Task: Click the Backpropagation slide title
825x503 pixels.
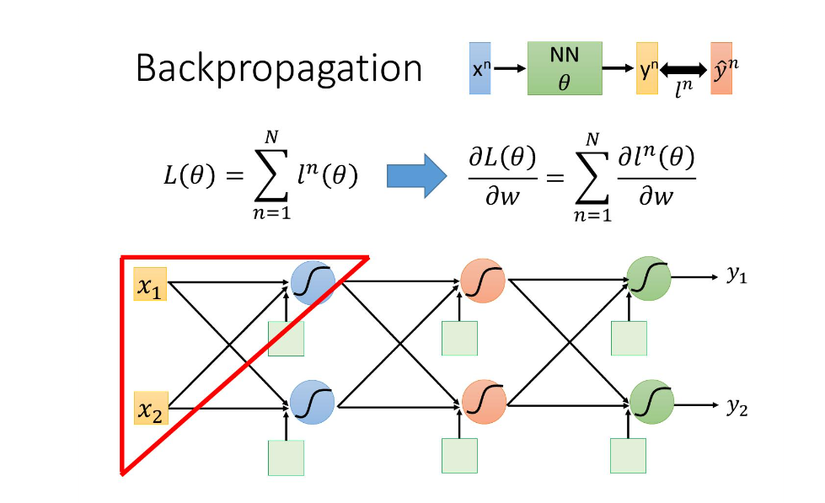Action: [x=279, y=68]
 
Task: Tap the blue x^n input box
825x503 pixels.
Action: [x=478, y=68]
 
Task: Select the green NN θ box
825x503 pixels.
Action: [x=564, y=68]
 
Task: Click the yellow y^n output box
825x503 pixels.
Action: [x=647, y=68]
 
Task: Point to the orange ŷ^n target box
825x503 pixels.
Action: [x=721, y=68]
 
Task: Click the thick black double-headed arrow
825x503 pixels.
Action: [x=684, y=68]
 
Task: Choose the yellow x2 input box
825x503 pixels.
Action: [x=151, y=409]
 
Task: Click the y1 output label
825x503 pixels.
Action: [x=737, y=276]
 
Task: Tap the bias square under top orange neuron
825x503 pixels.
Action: [x=460, y=339]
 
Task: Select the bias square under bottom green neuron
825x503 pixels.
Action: [x=628, y=456]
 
